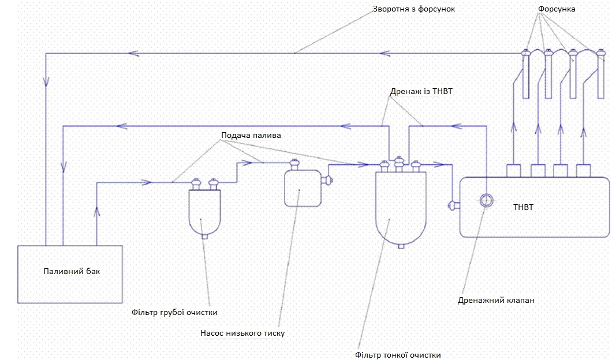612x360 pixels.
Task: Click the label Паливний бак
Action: (72, 271)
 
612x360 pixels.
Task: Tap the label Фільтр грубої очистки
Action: (174, 313)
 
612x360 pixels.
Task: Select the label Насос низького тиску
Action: (242, 333)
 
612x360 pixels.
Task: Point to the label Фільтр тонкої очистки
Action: (402, 355)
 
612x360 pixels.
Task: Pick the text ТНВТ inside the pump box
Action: (523, 207)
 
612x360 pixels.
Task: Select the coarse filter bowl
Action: (204, 211)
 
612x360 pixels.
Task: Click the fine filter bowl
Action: (401, 208)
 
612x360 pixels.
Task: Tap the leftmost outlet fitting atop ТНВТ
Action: (514, 171)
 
